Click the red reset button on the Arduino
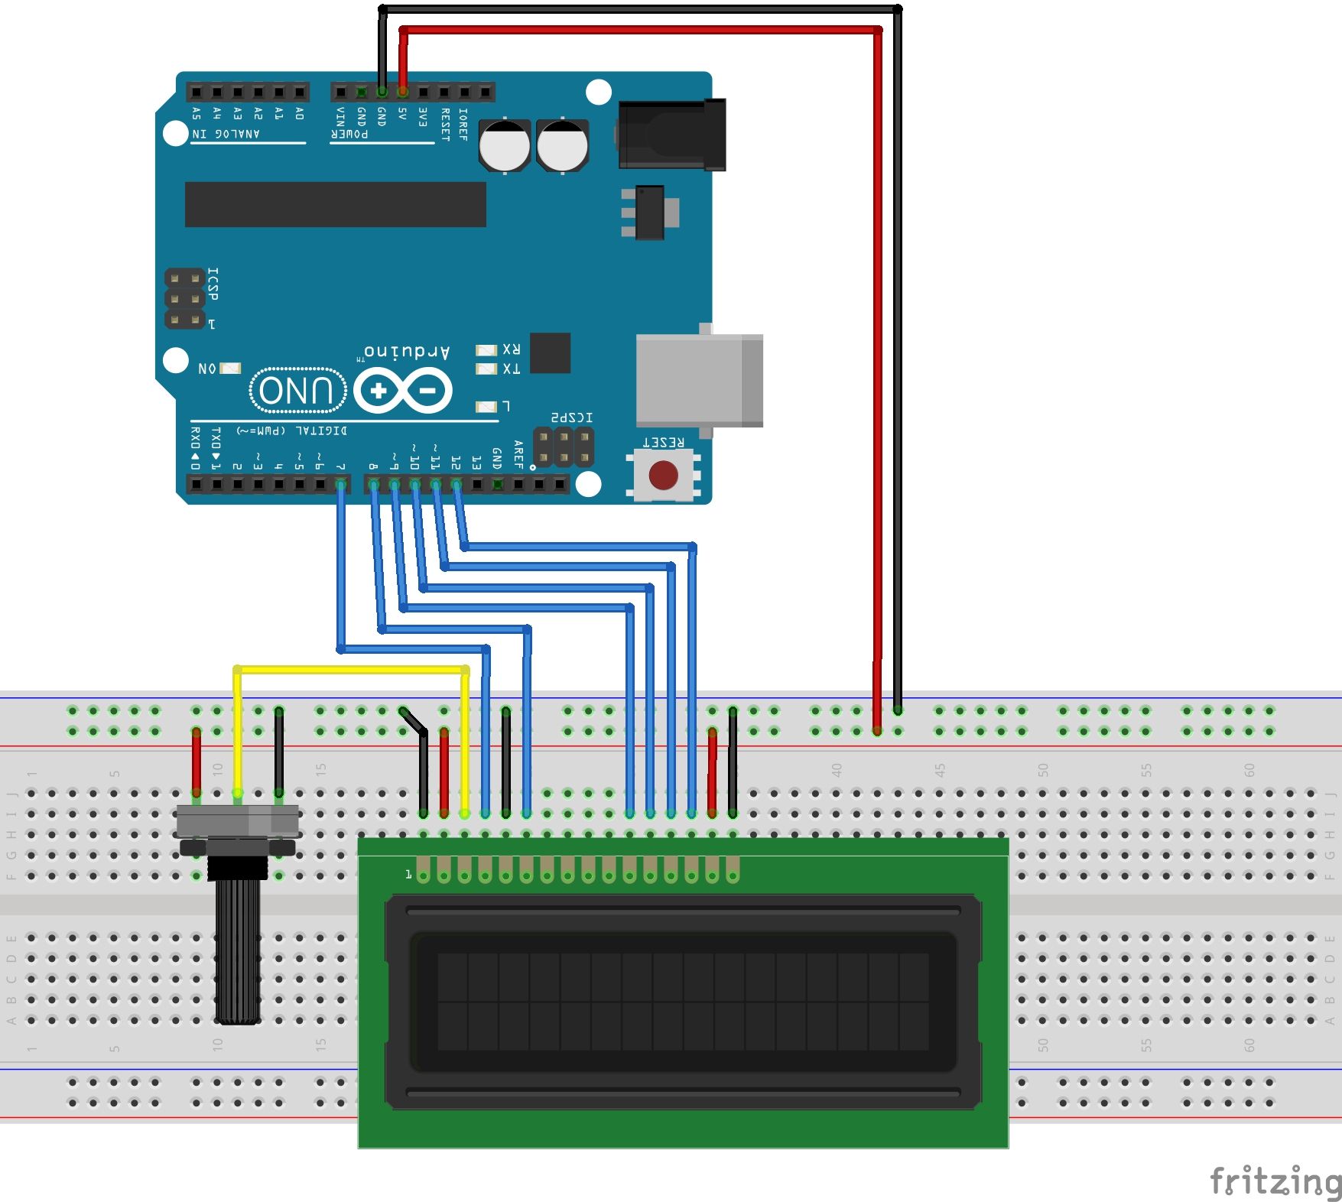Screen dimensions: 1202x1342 click(x=663, y=475)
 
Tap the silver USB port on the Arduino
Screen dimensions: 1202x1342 click(x=698, y=380)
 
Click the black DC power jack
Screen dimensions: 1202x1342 click(x=671, y=135)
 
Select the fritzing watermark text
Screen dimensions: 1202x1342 click(x=1275, y=1181)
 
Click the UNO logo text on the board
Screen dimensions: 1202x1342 click(x=297, y=391)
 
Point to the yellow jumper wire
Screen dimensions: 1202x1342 click(x=352, y=670)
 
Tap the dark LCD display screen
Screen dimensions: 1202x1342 click(x=683, y=1001)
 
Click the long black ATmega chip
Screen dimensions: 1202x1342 click(x=335, y=204)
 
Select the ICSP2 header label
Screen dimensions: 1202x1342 click(x=572, y=417)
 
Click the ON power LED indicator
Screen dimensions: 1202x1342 click(x=229, y=369)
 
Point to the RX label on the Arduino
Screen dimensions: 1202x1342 click(x=512, y=349)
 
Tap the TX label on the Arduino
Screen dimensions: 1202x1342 click(x=512, y=369)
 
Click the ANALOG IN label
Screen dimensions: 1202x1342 click(x=226, y=134)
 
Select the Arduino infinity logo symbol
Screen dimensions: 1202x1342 click(x=403, y=391)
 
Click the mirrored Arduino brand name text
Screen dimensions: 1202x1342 click(x=406, y=352)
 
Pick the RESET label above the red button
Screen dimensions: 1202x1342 click(x=663, y=442)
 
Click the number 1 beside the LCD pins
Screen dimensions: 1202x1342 click(x=408, y=873)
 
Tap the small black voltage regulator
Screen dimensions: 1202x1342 click(x=649, y=212)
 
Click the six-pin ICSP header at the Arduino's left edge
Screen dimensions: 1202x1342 click(x=184, y=299)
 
